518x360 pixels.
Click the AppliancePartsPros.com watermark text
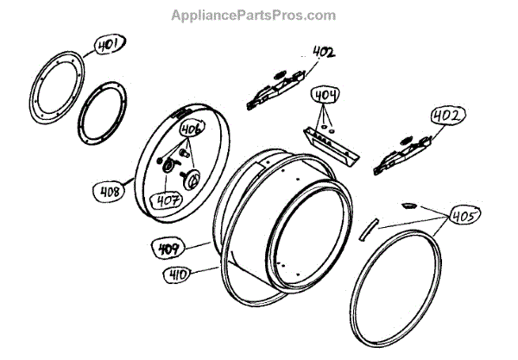(x=254, y=15)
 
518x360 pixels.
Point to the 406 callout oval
(x=191, y=129)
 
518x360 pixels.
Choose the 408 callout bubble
(x=111, y=186)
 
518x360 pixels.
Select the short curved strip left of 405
(x=368, y=227)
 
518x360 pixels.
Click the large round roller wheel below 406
(x=192, y=179)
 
